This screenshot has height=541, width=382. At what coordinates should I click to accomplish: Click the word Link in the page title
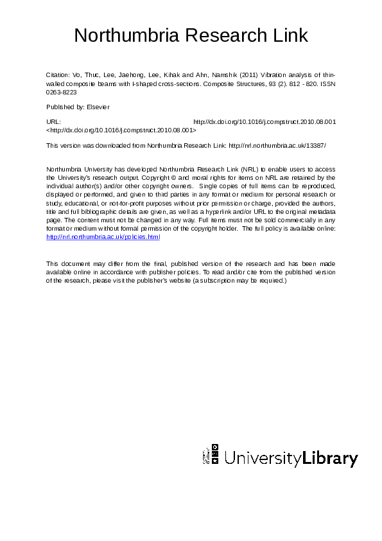click(291, 36)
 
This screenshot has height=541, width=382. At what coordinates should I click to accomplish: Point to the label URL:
click(54, 121)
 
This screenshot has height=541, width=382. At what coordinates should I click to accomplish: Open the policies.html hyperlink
click(103, 237)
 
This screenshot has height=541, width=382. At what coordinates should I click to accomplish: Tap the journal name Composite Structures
click(241, 84)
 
